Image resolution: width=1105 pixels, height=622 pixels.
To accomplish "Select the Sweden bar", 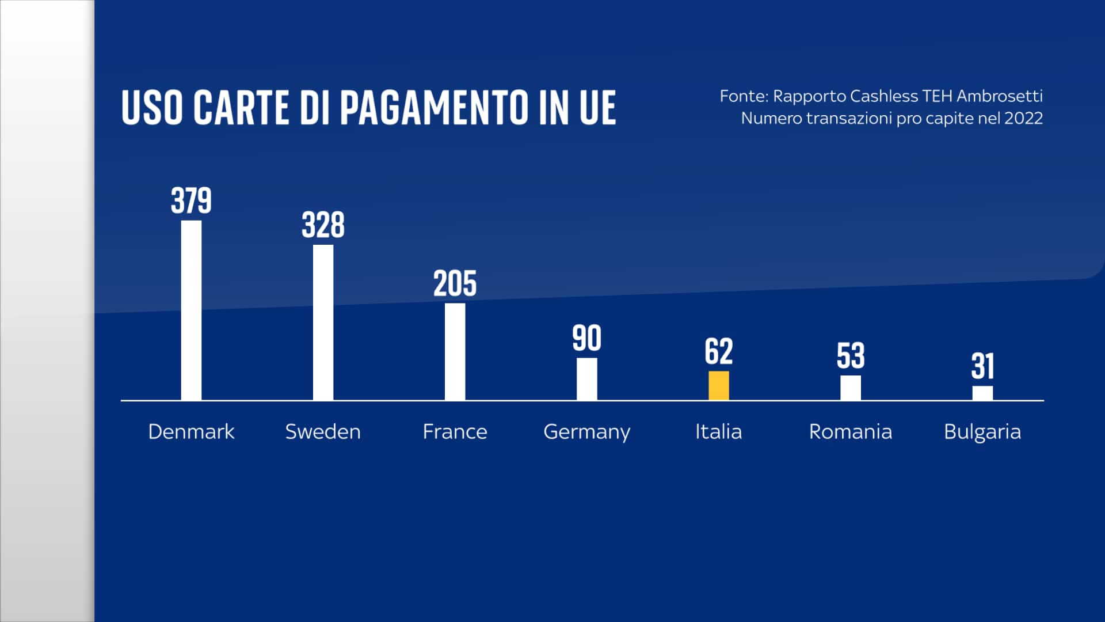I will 323,323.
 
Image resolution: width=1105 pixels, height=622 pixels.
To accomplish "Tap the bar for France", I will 455,351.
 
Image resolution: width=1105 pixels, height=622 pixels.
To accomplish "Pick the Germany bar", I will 586,379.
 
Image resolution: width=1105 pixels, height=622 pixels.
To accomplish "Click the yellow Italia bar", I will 718,385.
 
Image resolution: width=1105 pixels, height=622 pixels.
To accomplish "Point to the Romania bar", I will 850,388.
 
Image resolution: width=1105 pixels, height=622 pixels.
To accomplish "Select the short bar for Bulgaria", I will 982,393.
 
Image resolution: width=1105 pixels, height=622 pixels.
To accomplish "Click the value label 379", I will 191,201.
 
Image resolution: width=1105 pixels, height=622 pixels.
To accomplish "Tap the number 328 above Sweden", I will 323,225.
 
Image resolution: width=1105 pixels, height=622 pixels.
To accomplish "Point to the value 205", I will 455,284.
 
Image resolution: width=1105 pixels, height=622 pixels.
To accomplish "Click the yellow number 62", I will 718,351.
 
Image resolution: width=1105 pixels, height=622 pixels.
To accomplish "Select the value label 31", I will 982,366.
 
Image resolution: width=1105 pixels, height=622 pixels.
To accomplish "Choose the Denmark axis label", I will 191,431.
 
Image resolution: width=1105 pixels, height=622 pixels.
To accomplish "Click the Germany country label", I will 586,432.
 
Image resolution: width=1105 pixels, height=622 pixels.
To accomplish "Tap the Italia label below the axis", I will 718,431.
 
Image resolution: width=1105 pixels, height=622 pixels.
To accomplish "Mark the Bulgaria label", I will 982,432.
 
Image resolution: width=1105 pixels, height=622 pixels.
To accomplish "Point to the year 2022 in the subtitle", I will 1023,118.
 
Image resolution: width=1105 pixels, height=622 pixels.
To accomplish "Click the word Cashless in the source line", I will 883,96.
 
